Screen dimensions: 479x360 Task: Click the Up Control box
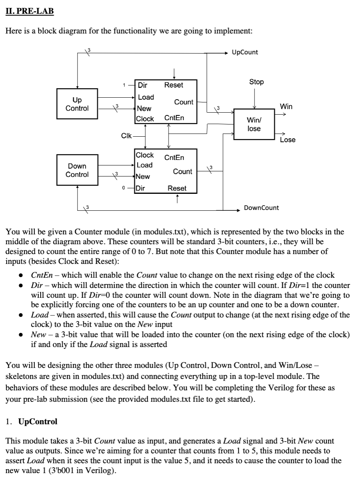coord(77,104)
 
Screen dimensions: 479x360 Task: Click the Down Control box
coord(77,170)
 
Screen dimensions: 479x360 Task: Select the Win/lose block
coord(254,124)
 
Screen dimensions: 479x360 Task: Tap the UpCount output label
coord(245,52)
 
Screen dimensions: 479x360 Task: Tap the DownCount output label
coord(261,208)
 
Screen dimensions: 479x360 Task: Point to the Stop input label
coord(256,82)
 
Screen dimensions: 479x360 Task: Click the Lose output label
coord(288,140)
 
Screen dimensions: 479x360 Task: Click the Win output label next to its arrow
coord(286,106)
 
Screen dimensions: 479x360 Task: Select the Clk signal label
coord(126,136)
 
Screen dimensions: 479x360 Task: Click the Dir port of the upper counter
coord(142,85)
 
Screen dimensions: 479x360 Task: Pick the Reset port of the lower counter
coord(177,188)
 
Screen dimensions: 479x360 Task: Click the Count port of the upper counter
coord(184,102)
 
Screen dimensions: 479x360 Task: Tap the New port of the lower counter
coord(143,176)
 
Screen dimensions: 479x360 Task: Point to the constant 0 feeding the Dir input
coord(124,188)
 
